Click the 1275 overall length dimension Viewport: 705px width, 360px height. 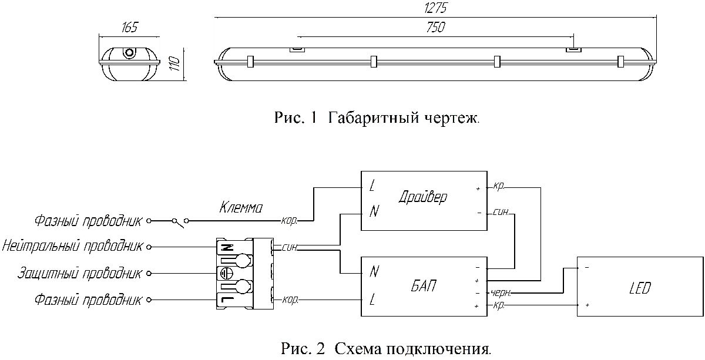[435, 8]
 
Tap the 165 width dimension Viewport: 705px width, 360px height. [129, 28]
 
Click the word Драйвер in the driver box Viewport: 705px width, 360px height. [422, 197]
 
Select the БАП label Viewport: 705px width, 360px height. [424, 286]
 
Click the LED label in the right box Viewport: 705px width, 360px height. [640, 288]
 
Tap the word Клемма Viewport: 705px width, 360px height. [241, 207]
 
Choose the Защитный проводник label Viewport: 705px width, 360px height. [80, 273]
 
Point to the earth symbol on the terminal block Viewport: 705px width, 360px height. [226, 273]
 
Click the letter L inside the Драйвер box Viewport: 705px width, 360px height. [372, 187]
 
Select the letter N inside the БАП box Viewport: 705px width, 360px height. [374, 272]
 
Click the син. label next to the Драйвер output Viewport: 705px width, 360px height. [501, 212]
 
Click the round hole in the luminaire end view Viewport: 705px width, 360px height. [129, 53]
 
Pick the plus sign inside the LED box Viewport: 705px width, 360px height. [587, 305]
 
